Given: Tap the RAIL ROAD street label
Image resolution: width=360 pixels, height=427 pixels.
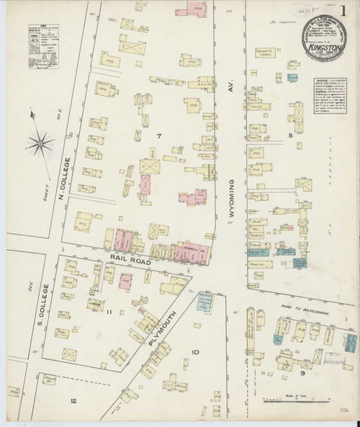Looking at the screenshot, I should [x=130, y=262].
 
